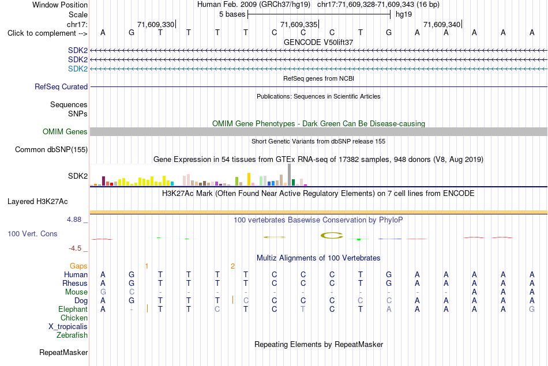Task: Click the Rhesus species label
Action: tap(75, 283)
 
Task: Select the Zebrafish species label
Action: tap(72, 335)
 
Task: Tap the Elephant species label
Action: tap(73, 310)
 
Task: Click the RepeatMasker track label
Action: tap(63, 352)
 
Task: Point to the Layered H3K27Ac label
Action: tap(37, 202)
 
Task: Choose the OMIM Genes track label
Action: tap(65, 131)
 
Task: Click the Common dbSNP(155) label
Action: tap(51, 149)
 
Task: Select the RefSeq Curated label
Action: tap(61, 86)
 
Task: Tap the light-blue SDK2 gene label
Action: tap(78, 69)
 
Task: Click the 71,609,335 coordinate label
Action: tap(299, 24)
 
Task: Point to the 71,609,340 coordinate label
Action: tap(442, 24)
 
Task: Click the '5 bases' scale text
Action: tap(232, 14)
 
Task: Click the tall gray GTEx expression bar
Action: tap(289, 175)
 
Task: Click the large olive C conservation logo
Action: tap(331, 236)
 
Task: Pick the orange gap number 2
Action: tap(233, 266)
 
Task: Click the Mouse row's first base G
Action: tap(103, 292)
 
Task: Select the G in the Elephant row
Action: tap(532, 309)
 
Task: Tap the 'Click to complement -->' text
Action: tap(47, 33)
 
